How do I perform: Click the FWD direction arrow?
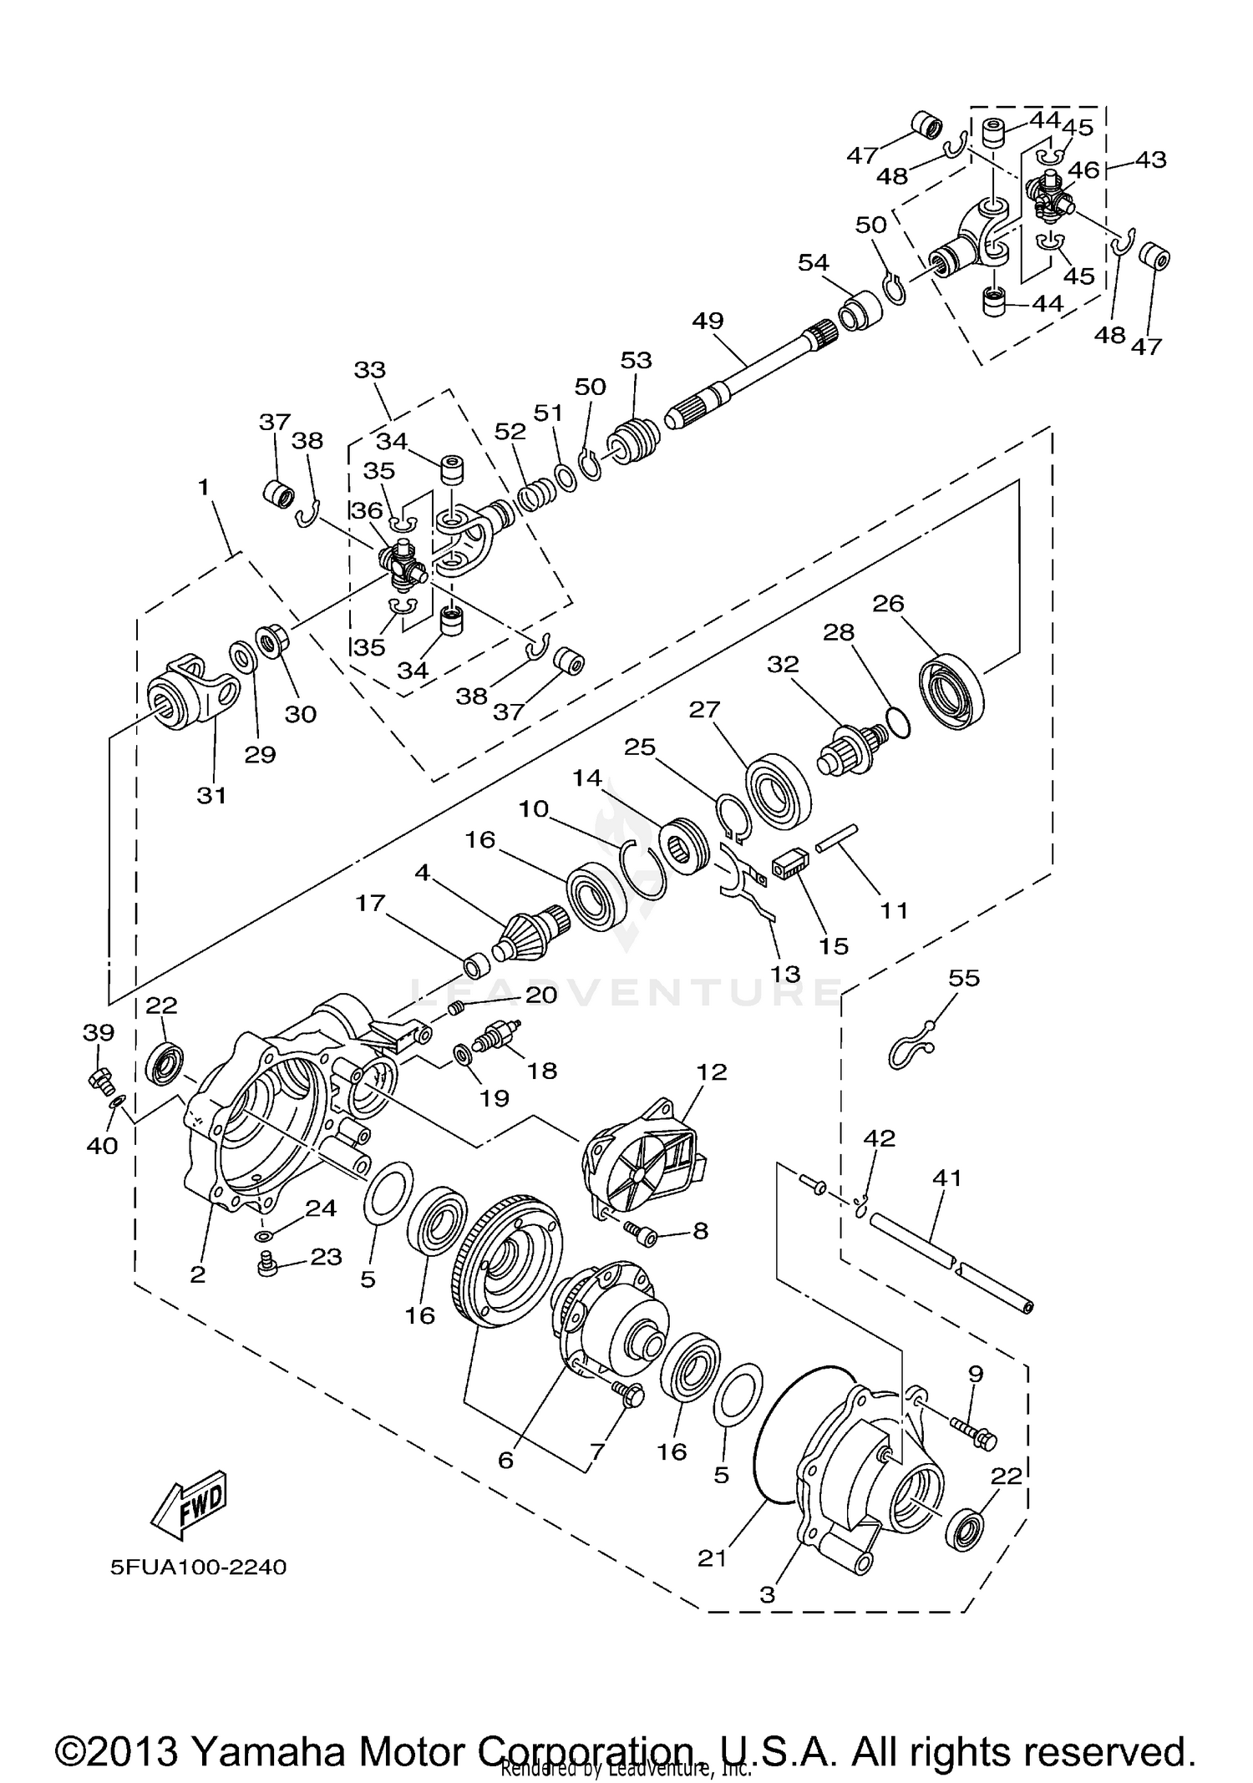190,1504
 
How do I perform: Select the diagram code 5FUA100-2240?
198,1567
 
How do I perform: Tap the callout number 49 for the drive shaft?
708,321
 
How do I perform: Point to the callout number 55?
964,977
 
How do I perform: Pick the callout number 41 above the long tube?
946,1178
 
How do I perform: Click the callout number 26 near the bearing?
888,603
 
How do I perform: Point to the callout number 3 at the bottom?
768,1594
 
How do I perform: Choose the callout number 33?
370,369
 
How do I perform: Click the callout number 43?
1151,159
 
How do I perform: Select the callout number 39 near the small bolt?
99,1033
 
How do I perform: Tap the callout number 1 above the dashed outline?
203,488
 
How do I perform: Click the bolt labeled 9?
971,1432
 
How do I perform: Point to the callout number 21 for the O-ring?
713,1558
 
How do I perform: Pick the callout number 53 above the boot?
636,361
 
